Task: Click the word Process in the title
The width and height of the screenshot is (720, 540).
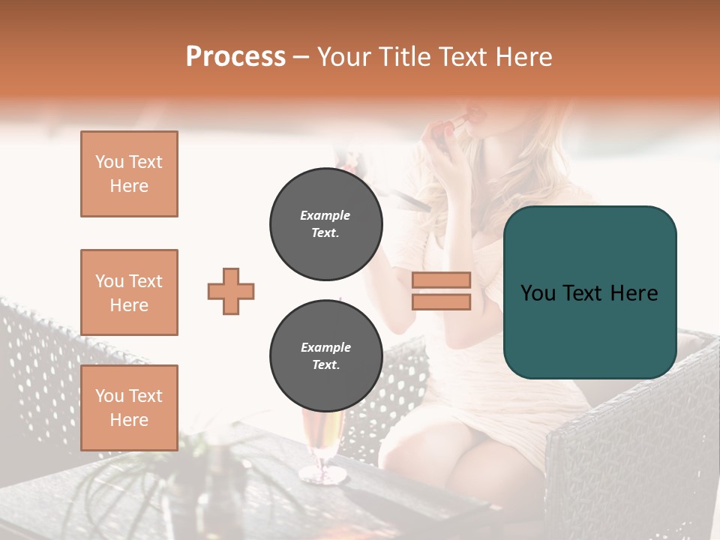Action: pyautogui.click(x=235, y=57)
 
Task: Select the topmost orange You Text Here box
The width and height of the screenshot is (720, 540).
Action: pyautogui.click(x=129, y=174)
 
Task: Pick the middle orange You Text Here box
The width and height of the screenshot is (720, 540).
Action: pyautogui.click(x=129, y=292)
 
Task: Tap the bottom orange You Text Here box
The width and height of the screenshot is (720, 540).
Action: pyautogui.click(x=129, y=408)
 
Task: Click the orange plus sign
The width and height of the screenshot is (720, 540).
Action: pyautogui.click(x=231, y=291)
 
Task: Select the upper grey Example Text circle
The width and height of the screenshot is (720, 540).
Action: pyautogui.click(x=326, y=224)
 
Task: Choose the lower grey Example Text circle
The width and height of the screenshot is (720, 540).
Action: pyautogui.click(x=326, y=356)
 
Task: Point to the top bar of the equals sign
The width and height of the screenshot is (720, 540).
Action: pyautogui.click(x=441, y=280)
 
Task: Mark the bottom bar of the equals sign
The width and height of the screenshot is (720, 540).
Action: pyautogui.click(x=441, y=301)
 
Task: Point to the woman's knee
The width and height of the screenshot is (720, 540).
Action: pyautogui.click(x=480, y=457)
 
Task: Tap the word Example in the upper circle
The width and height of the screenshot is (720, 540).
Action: pyautogui.click(x=325, y=215)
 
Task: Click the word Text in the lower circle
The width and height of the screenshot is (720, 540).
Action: pyautogui.click(x=325, y=365)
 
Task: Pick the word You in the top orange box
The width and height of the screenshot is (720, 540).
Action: pyautogui.click(x=109, y=162)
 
